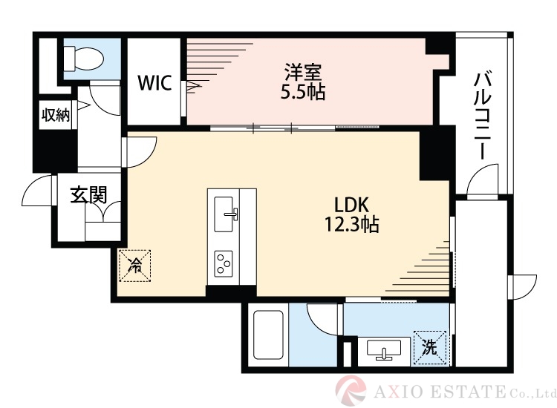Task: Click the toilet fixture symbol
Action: point(83,58)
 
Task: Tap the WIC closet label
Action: point(154,83)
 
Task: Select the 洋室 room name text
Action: point(303,73)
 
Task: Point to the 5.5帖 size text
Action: point(303,92)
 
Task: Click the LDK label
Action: point(352,205)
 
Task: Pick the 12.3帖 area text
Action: point(352,224)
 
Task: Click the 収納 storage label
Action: point(56,114)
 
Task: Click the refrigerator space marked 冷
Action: point(135,266)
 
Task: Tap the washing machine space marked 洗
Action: point(430,347)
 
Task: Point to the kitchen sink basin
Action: point(224,214)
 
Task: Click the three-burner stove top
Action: point(224,264)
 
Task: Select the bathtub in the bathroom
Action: point(268,335)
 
